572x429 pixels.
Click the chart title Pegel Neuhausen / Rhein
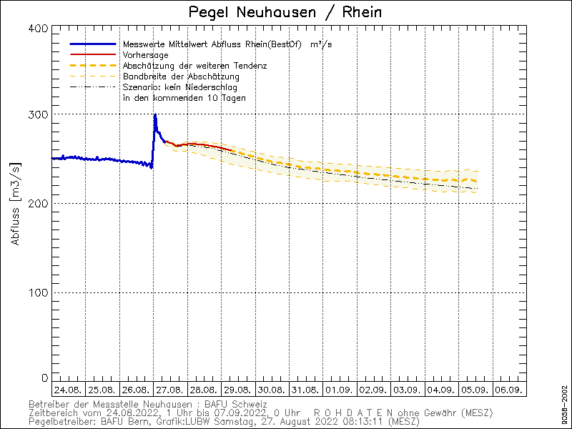tap(285, 12)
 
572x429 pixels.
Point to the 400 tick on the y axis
tap(40, 28)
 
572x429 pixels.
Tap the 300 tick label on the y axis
tap(40, 114)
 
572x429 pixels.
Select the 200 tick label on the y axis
tap(40, 203)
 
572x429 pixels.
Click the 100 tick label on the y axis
tap(40, 292)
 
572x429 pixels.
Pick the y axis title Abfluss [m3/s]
tap(16, 203)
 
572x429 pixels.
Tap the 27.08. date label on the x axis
tap(170, 390)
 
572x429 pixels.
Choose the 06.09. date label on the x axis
tap(508, 390)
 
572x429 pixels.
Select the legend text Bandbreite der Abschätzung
tap(181, 76)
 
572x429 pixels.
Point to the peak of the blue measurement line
tap(154, 114)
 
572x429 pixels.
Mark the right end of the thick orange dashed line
tap(476, 182)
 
